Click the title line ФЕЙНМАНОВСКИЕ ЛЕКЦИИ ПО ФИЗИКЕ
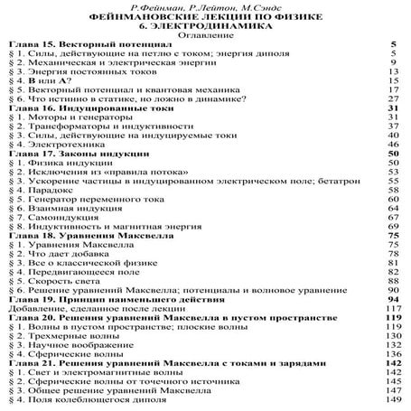(205, 17)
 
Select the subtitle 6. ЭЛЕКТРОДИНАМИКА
(205, 27)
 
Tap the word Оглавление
(205, 37)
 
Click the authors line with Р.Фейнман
(205, 7)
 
